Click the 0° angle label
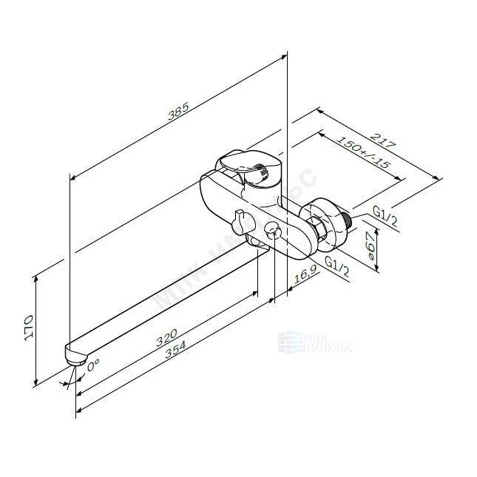point(93,365)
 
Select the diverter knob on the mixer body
point(238,220)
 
